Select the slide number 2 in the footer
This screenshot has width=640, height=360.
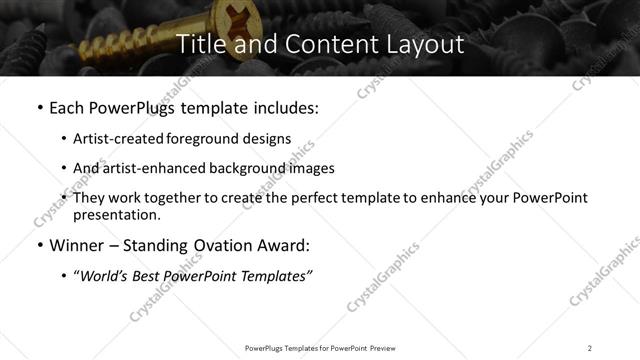pyautogui.click(x=590, y=347)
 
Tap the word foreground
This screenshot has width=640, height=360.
pyautogui.click(x=202, y=139)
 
